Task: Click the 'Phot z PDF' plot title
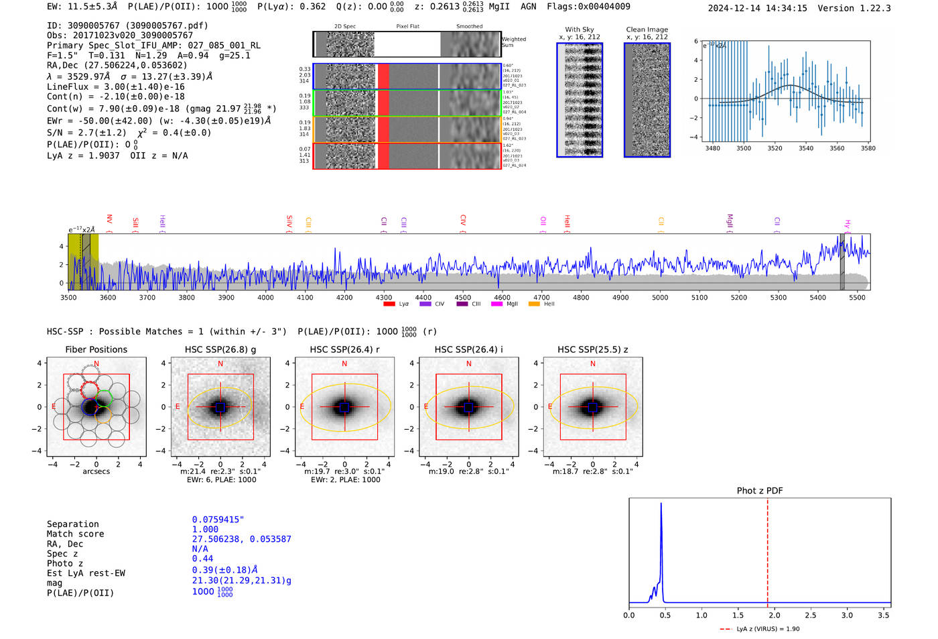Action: pos(760,491)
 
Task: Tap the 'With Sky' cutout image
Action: pos(580,100)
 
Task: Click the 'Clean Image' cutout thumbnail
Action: pos(647,100)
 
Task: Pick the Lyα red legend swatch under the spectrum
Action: pos(389,304)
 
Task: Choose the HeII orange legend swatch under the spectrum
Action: pos(534,304)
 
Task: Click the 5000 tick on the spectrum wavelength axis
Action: pos(660,297)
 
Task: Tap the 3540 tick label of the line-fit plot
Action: pos(806,148)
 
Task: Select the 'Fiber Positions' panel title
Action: pos(96,349)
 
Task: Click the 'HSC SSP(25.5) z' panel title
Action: pos(592,349)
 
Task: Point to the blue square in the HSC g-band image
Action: pos(220,407)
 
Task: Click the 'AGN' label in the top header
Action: pos(529,7)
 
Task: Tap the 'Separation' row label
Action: pos(73,524)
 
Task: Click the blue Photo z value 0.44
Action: pos(202,559)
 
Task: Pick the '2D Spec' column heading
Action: pos(345,27)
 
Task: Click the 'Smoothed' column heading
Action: pos(469,27)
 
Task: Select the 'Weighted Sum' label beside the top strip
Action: pos(514,42)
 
